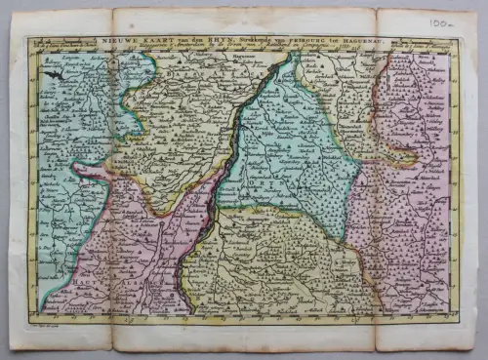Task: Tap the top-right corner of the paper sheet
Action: (474, 10)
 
